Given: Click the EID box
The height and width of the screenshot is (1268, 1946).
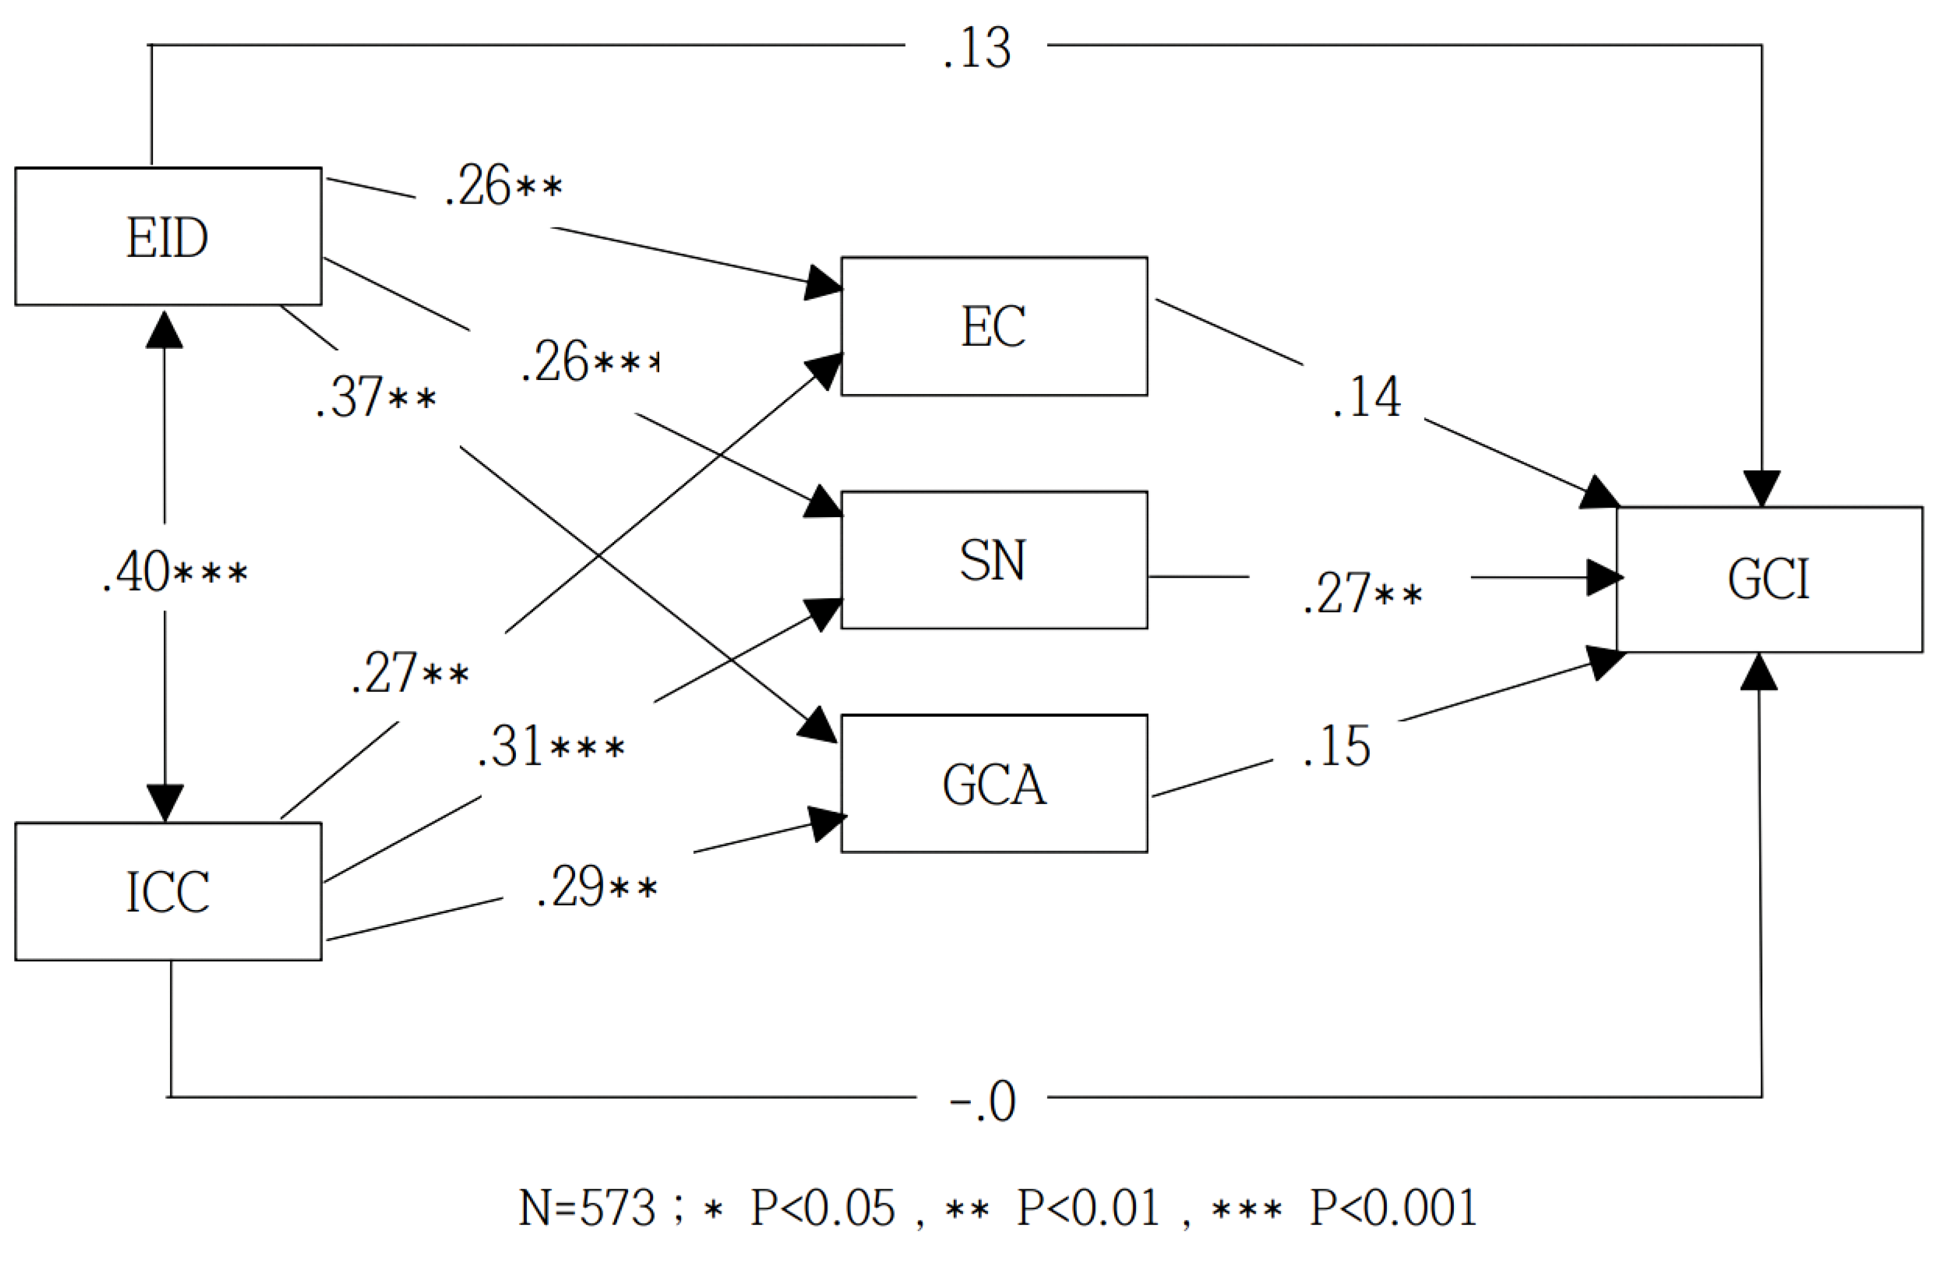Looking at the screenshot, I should (x=168, y=237).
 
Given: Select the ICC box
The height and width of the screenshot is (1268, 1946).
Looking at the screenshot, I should (x=168, y=891).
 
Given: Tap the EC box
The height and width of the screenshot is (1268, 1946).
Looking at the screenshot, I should (x=993, y=326).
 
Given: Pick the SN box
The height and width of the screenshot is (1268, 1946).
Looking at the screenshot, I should (x=993, y=560).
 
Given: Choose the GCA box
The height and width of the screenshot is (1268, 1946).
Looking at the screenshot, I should (x=993, y=784).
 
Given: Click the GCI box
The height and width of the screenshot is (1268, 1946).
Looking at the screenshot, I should (x=1769, y=579).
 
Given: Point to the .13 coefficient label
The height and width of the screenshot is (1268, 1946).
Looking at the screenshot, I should (x=976, y=48).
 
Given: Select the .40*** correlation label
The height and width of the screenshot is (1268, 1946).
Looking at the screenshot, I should (x=174, y=571).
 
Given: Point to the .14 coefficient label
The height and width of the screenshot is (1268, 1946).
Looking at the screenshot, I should (x=1365, y=397).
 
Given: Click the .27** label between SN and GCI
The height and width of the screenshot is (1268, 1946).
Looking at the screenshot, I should (x=1362, y=593).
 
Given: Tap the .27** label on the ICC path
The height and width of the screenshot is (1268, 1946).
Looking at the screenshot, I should (x=410, y=673).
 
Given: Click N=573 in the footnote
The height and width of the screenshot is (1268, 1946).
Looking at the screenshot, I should (x=586, y=1208).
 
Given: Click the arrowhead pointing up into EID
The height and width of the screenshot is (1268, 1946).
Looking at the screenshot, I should (x=164, y=329).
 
